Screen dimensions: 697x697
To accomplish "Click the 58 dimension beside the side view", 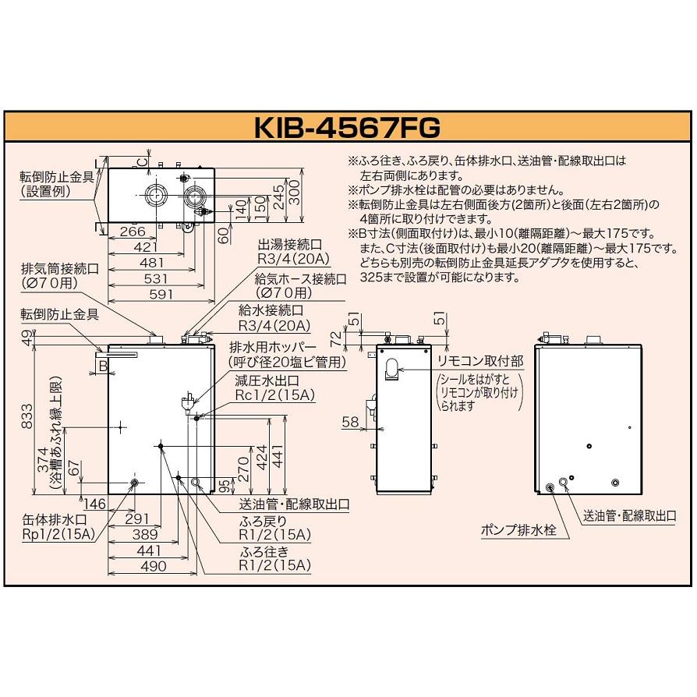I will point(350,422).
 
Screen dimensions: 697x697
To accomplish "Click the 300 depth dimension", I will point(292,192).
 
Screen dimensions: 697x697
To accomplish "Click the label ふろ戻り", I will point(262,520).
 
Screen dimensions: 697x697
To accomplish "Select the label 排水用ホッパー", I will point(272,348).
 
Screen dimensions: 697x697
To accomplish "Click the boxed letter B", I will point(102,363).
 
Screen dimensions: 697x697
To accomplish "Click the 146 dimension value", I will point(94,503).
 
